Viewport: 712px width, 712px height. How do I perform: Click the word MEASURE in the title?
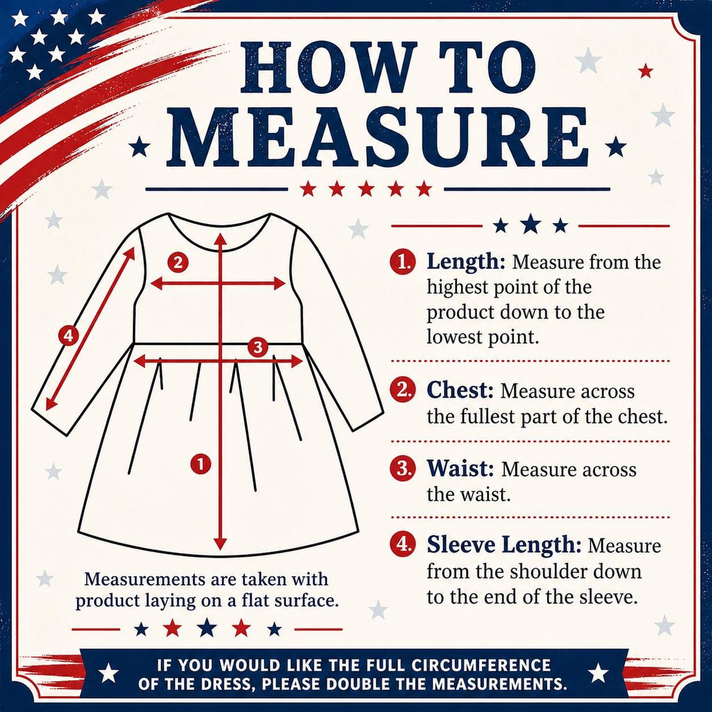point(378,137)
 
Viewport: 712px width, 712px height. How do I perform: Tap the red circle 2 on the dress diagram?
point(177,262)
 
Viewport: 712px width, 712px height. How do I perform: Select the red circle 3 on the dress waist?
point(258,348)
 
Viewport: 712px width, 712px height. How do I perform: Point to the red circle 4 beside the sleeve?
point(68,336)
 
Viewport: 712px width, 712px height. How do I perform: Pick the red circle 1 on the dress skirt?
point(200,464)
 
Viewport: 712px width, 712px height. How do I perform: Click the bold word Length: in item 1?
point(465,261)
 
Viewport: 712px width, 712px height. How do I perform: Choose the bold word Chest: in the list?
point(460,391)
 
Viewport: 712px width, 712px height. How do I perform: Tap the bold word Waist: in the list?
point(460,469)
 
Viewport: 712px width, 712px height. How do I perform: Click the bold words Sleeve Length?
point(503,545)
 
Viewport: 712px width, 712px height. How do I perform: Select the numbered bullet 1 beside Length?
point(403,262)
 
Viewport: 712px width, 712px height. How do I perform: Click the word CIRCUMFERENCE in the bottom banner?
point(481,665)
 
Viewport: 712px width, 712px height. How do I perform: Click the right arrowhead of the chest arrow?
point(278,284)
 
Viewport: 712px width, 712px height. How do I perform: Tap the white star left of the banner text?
point(108,673)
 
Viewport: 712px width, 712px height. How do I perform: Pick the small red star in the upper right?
point(645,71)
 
